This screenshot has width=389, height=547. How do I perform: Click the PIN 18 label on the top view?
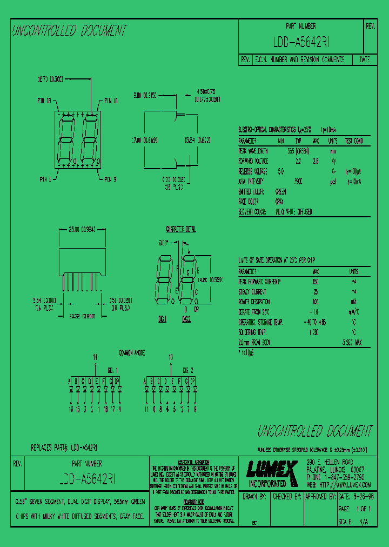point(44,101)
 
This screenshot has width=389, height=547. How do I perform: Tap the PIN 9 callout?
point(111,179)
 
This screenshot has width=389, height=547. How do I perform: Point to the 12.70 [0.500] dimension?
point(50,79)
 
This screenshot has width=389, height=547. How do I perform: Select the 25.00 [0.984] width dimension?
point(81,229)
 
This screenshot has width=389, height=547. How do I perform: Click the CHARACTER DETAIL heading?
point(181,229)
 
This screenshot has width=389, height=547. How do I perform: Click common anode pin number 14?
point(96,357)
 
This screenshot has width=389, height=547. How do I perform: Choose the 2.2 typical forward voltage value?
point(298,161)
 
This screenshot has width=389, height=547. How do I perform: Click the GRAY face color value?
point(279,202)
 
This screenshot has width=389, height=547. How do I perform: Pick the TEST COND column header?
point(358,141)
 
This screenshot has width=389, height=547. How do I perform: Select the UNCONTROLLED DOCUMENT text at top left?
point(69,30)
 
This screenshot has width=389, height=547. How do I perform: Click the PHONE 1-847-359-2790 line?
point(335,478)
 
